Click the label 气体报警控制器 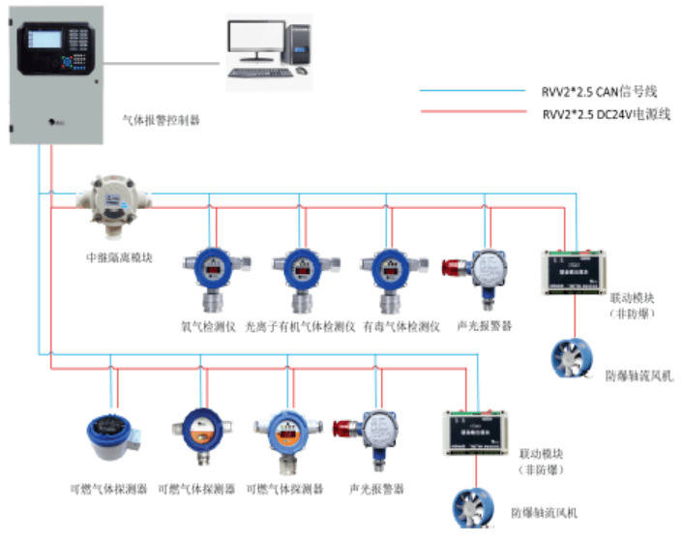point(161,121)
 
